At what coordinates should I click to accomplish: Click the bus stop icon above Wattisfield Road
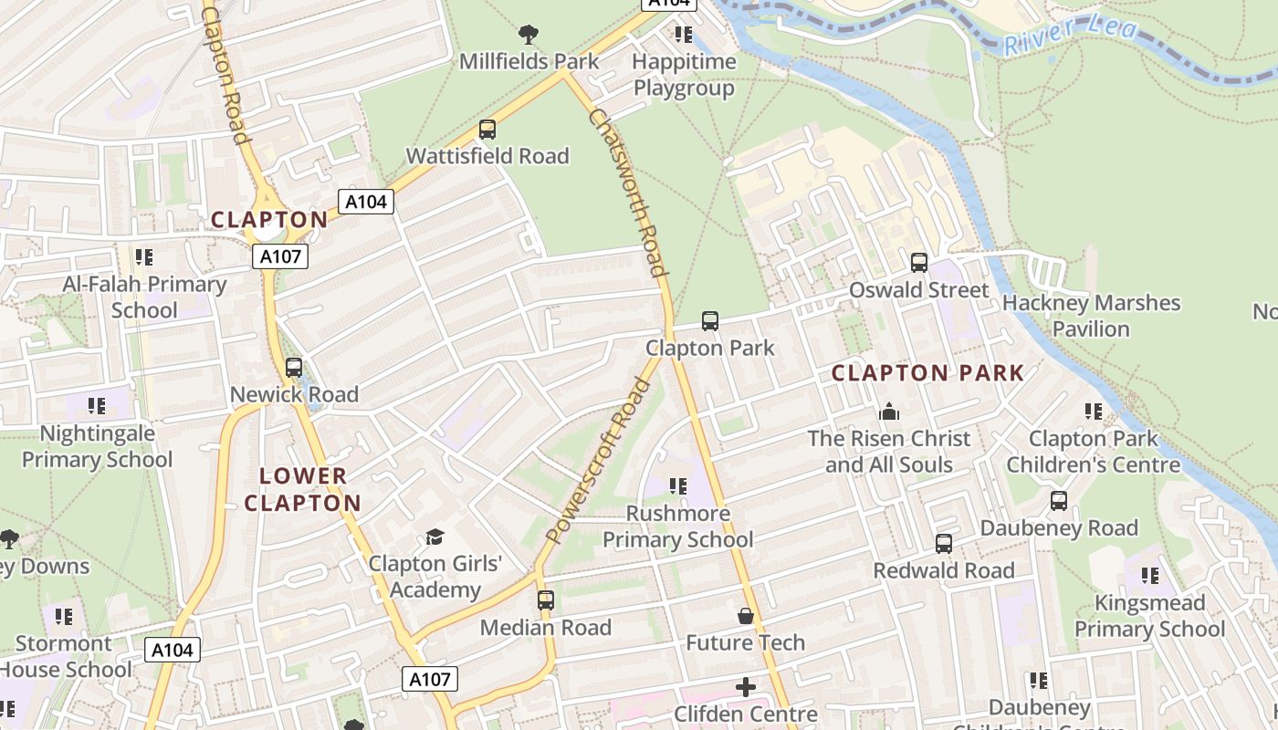click(487, 130)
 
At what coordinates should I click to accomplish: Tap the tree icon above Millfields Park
click(528, 35)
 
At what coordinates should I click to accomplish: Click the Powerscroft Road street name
click(598, 461)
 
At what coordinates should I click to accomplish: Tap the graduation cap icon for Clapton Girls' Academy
click(435, 537)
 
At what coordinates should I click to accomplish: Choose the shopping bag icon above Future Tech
click(746, 616)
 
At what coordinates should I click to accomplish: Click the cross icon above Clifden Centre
click(746, 686)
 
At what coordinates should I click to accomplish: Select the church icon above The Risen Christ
click(888, 412)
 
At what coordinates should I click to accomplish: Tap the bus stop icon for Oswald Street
click(919, 263)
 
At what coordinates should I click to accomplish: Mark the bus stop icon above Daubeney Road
click(1059, 501)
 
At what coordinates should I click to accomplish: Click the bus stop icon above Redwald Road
click(944, 544)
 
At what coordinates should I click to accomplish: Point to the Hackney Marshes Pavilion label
click(1091, 316)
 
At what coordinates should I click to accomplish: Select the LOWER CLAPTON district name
click(303, 489)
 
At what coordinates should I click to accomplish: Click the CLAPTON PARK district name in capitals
click(927, 373)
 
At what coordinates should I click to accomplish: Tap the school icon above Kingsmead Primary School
click(1149, 576)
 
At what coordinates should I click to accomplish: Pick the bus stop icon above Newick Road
click(294, 368)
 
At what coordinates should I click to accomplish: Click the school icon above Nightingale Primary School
click(97, 405)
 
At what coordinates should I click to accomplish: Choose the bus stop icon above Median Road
click(546, 600)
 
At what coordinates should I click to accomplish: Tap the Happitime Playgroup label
click(684, 75)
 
